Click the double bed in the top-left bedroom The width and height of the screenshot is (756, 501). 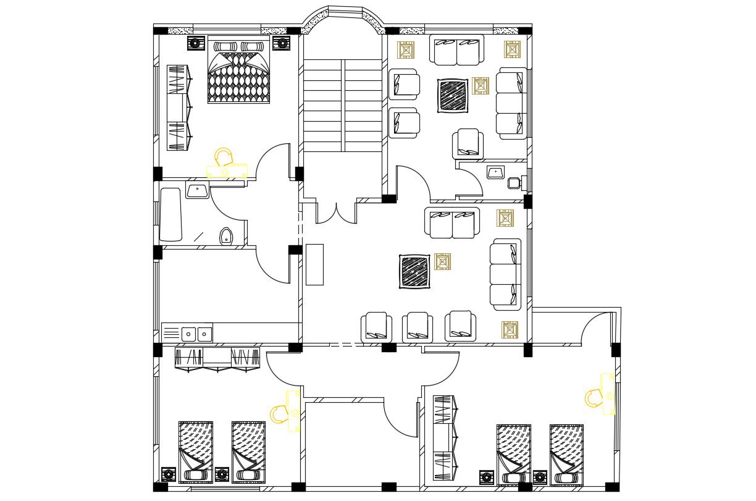(239, 70)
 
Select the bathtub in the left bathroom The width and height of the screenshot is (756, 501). (171, 214)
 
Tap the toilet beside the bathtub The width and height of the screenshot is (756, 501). (226, 236)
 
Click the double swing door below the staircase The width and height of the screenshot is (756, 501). (336, 211)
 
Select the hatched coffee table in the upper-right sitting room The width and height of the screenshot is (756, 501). (453, 95)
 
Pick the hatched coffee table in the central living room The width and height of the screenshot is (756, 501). (415, 271)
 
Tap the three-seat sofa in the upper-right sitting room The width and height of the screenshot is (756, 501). (512, 103)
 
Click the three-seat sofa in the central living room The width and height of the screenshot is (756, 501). (506, 274)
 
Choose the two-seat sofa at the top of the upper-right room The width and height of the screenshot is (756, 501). (457, 51)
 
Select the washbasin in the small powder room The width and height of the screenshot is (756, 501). (495, 172)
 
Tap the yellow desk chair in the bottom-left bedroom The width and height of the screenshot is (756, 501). (279, 413)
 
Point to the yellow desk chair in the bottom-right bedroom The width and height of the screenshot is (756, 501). (594, 398)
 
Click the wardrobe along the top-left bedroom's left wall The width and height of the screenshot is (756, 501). (177, 107)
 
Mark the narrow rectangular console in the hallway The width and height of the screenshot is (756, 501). (314, 264)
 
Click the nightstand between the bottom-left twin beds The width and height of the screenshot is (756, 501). (222, 474)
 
